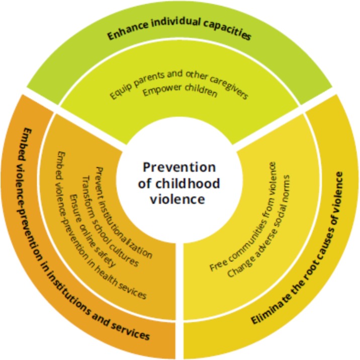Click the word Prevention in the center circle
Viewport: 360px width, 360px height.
tap(179, 167)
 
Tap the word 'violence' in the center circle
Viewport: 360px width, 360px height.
tap(179, 199)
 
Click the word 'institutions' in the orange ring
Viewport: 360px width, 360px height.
tap(75, 290)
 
